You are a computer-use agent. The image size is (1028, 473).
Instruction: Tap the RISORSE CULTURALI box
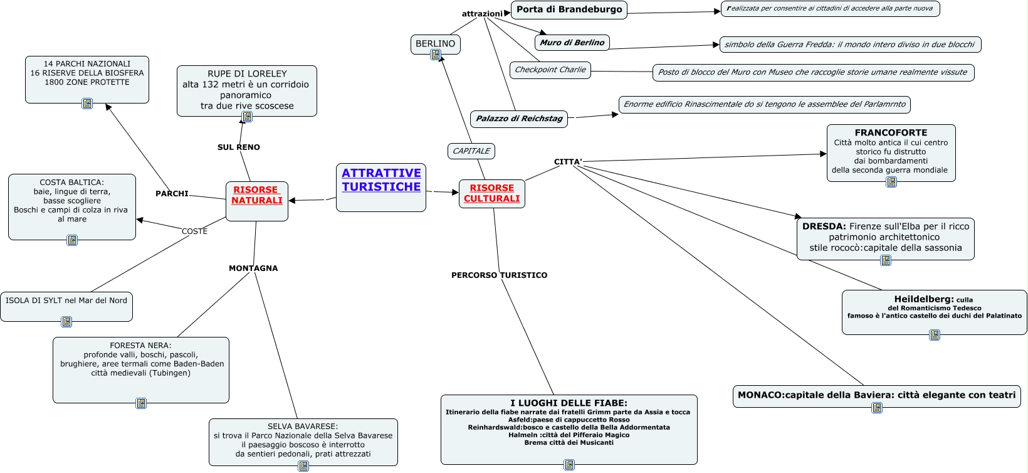click(x=492, y=193)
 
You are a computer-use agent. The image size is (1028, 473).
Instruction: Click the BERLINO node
click(x=435, y=44)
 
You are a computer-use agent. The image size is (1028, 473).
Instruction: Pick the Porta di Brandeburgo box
click(x=569, y=9)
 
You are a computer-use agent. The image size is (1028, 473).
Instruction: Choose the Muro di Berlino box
click(x=572, y=43)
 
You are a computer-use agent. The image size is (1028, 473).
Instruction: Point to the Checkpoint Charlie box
click(x=550, y=70)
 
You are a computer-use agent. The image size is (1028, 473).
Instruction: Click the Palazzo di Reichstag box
click(x=519, y=119)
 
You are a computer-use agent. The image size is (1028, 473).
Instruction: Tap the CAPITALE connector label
click(x=471, y=151)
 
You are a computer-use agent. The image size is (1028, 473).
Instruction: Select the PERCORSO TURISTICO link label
click(x=499, y=275)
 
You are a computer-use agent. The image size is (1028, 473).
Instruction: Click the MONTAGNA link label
click(x=253, y=268)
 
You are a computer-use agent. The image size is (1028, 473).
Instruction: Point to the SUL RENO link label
click(x=239, y=147)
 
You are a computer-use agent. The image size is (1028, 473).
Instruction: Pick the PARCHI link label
click(x=172, y=194)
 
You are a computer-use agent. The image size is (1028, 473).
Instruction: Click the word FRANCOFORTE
click(x=891, y=133)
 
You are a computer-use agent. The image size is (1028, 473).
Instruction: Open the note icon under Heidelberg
click(x=935, y=335)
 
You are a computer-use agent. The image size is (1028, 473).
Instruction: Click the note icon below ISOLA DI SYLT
click(x=66, y=322)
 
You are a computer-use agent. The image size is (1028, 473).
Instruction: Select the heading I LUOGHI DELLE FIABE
click(x=569, y=403)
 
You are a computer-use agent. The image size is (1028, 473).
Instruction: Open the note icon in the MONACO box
click(x=877, y=408)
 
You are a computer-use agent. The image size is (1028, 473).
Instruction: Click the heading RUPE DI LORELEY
click(x=247, y=74)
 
